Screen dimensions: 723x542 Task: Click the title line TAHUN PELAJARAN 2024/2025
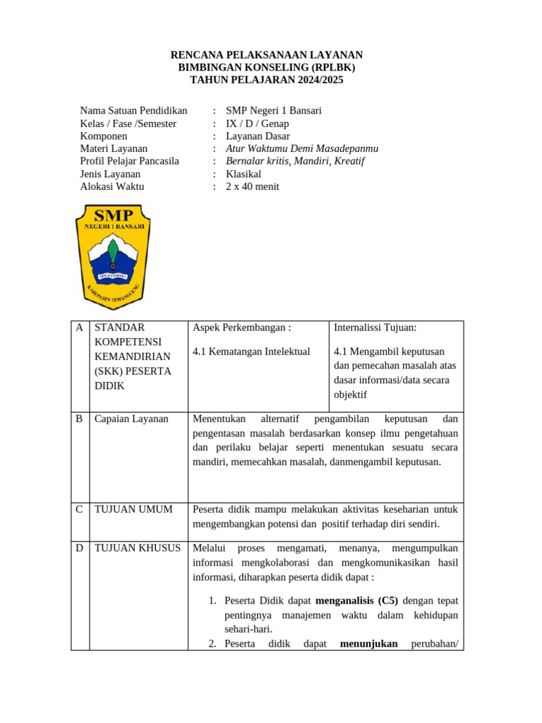267,80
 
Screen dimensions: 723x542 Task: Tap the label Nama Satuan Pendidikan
133,110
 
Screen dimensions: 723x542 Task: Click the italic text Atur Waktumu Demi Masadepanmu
302,148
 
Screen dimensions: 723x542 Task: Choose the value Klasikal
243,174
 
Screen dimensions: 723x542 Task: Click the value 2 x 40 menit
253,186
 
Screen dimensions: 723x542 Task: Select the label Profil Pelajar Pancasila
129,161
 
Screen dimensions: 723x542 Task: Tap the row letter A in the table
80,328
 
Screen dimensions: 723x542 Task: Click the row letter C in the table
80,509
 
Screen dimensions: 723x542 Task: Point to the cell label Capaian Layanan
131,419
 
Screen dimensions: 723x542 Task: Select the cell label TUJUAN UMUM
133,509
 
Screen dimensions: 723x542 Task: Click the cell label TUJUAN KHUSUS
137,548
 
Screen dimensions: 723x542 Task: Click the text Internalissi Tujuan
375,328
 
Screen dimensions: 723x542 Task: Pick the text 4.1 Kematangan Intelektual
251,352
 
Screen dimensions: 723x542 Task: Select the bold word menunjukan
368,643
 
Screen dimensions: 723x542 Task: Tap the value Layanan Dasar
258,136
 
